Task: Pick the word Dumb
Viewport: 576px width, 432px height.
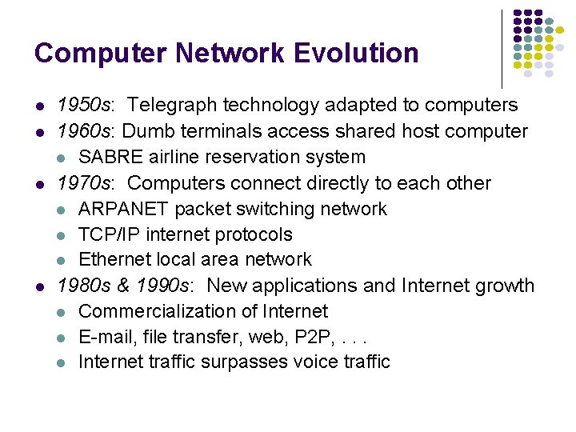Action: (x=149, y=131)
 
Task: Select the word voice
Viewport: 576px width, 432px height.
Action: (x=315, y=362)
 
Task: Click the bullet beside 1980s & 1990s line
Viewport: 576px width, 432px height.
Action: (x=39, y=286)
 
